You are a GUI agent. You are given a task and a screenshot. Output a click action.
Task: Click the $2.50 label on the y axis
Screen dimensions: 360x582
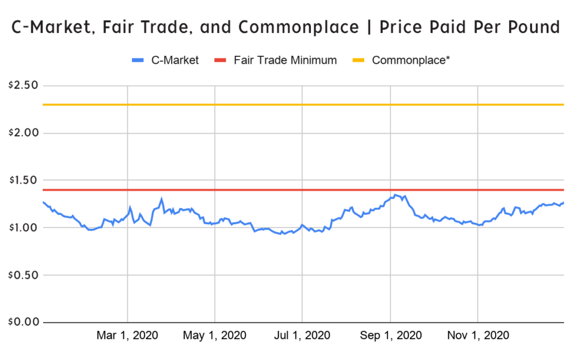[x=22, y=86]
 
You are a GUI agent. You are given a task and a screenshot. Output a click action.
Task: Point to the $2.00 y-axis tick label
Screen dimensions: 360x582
[x=22, y=133]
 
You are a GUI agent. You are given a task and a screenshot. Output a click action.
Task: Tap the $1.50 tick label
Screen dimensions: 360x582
[x=22, y=180]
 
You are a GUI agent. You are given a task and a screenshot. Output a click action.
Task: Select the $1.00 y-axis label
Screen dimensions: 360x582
[x=22, y=227]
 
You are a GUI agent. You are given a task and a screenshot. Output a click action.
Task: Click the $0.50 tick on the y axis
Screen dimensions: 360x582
[x=22, y=275]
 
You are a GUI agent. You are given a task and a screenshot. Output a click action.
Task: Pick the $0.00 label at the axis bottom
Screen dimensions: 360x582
[x=22, y=322]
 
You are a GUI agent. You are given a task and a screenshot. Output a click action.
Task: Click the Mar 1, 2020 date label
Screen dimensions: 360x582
[x=127, y=336]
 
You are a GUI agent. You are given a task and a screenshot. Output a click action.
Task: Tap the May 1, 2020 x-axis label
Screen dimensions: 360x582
[x=215, y=336]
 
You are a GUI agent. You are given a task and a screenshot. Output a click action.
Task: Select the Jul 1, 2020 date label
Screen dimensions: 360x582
[x=302, y=336]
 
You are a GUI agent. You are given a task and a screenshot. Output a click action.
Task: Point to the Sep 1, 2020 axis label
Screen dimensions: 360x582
[x=390, y=336]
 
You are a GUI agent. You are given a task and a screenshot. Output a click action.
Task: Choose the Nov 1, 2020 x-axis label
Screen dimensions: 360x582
[x=478, y=336]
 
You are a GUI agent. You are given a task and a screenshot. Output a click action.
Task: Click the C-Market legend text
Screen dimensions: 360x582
[x=175, y=60]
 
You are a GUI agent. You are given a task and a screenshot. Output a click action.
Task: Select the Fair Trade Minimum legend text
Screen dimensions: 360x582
[x=285, y=60]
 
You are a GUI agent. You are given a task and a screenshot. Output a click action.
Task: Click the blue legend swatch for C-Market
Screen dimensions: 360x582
[x=139, y=60]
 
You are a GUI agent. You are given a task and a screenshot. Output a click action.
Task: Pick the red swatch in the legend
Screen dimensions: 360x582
[x=222, y=60]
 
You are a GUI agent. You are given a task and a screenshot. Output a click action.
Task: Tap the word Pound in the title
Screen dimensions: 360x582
[x=532, y=27]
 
